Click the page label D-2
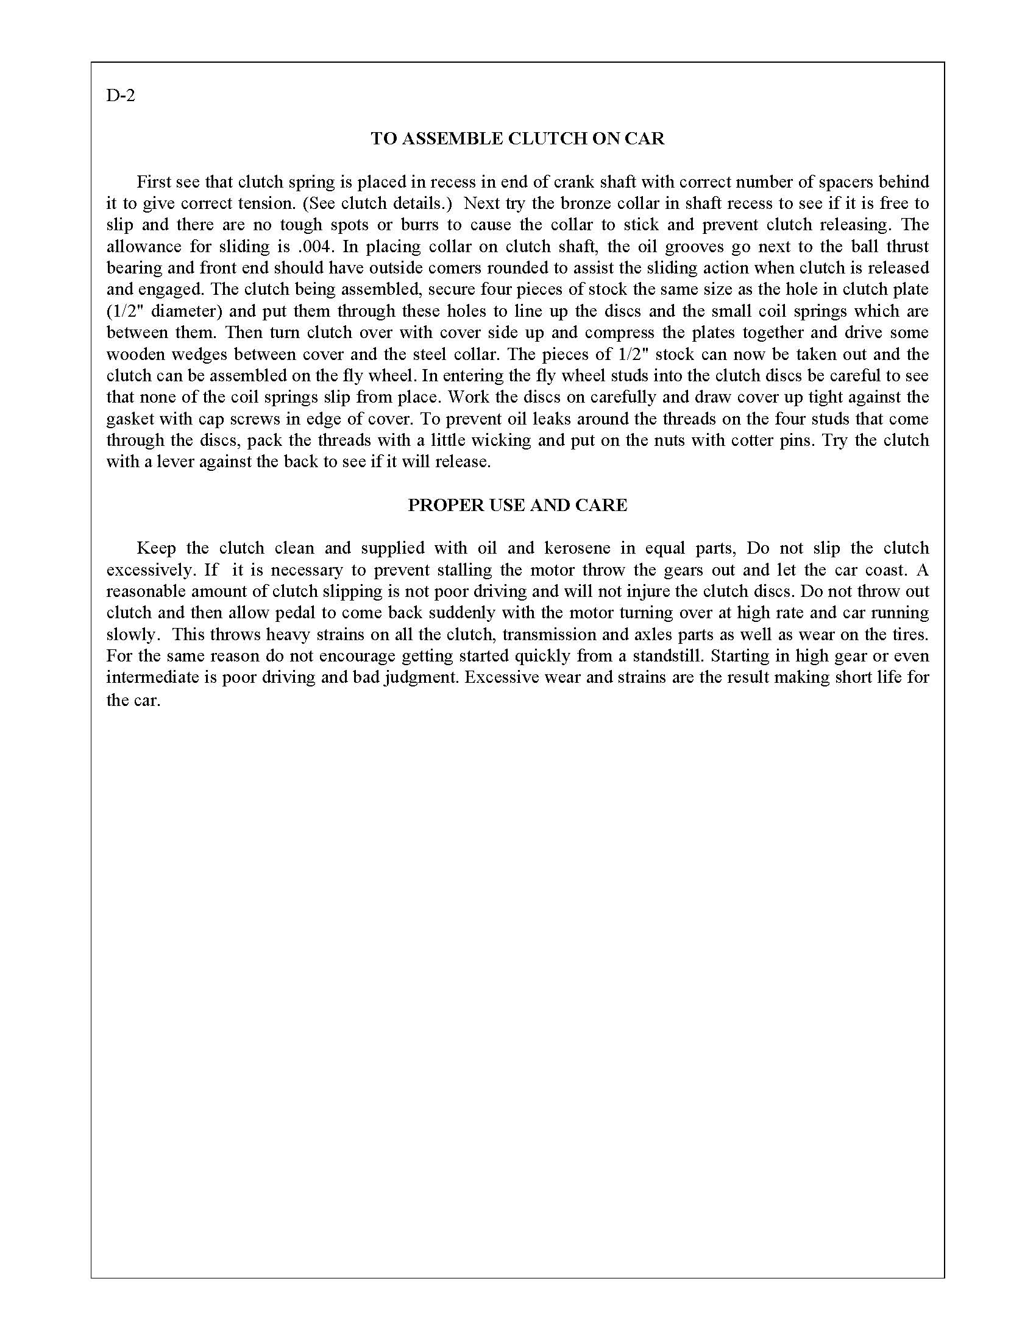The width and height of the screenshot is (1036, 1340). tap(120, 96)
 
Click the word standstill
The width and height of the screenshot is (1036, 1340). tap(668, 655)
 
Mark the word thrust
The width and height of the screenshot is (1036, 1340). tap(905, 246)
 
